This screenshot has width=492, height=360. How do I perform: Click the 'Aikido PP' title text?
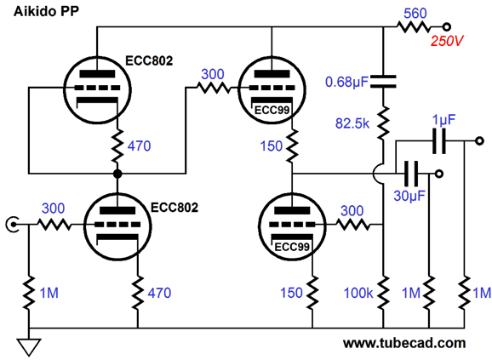coord(46,12)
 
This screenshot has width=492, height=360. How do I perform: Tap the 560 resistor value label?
coord(415,13)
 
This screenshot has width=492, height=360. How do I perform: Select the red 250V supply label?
coord(447,41)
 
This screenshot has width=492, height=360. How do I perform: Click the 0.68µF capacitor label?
coord(346,82)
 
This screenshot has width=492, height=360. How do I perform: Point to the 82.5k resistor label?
coord(352,123)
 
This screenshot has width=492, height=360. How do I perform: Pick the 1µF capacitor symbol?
coord(439,140)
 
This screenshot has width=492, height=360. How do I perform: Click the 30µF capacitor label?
coord(409,196)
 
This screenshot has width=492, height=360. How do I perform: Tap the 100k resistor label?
coord(358,293)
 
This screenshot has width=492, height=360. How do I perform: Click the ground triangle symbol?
coord(29,346)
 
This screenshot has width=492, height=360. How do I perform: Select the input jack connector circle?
coord(13,224)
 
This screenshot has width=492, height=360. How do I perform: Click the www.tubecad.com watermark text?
coord(404,343)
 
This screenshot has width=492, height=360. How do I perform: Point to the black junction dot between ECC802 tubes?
coord(117,174)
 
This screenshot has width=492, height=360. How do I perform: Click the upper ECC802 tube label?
coord(149,60)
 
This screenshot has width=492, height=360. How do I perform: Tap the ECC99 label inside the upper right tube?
coord(272,111)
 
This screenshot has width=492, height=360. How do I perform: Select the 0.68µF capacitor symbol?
coord(383,81)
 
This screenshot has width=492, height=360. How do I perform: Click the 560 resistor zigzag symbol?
coord(414,27)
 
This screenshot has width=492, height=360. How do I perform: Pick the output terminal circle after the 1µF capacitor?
coord(479,140)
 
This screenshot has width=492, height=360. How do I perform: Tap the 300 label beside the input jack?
coord(54,209)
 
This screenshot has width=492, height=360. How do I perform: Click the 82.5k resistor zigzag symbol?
coord(383,123)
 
